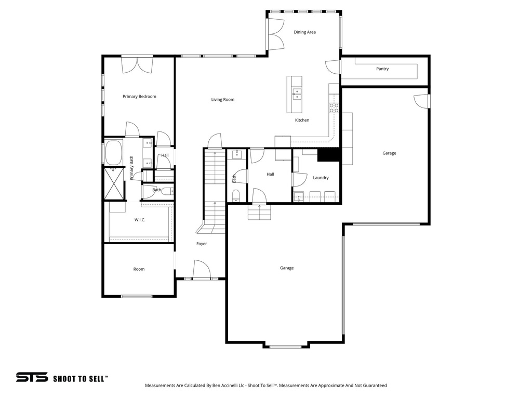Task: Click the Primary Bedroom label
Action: click(139, 96)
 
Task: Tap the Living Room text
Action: click(222, 99)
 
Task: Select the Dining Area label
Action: click(304, 32)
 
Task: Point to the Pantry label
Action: click(382, 69)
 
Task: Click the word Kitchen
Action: click(302, 120)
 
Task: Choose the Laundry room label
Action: click(321, 178)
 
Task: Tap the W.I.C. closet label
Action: click(140, 220)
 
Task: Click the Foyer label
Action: click(202, 244)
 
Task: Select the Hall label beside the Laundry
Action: click(270, 174)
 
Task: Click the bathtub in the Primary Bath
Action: click(114, 153)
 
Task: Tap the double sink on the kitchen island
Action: click(297, 94)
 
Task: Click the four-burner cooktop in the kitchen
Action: click(334, 108)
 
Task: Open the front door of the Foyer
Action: click(201, 270)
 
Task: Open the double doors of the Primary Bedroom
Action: click(138, 64)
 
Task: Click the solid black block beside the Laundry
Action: click(328, 155)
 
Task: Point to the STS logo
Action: click(32, 377)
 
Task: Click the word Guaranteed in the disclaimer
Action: click(374, 385)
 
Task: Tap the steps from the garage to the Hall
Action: click(259, 212)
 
